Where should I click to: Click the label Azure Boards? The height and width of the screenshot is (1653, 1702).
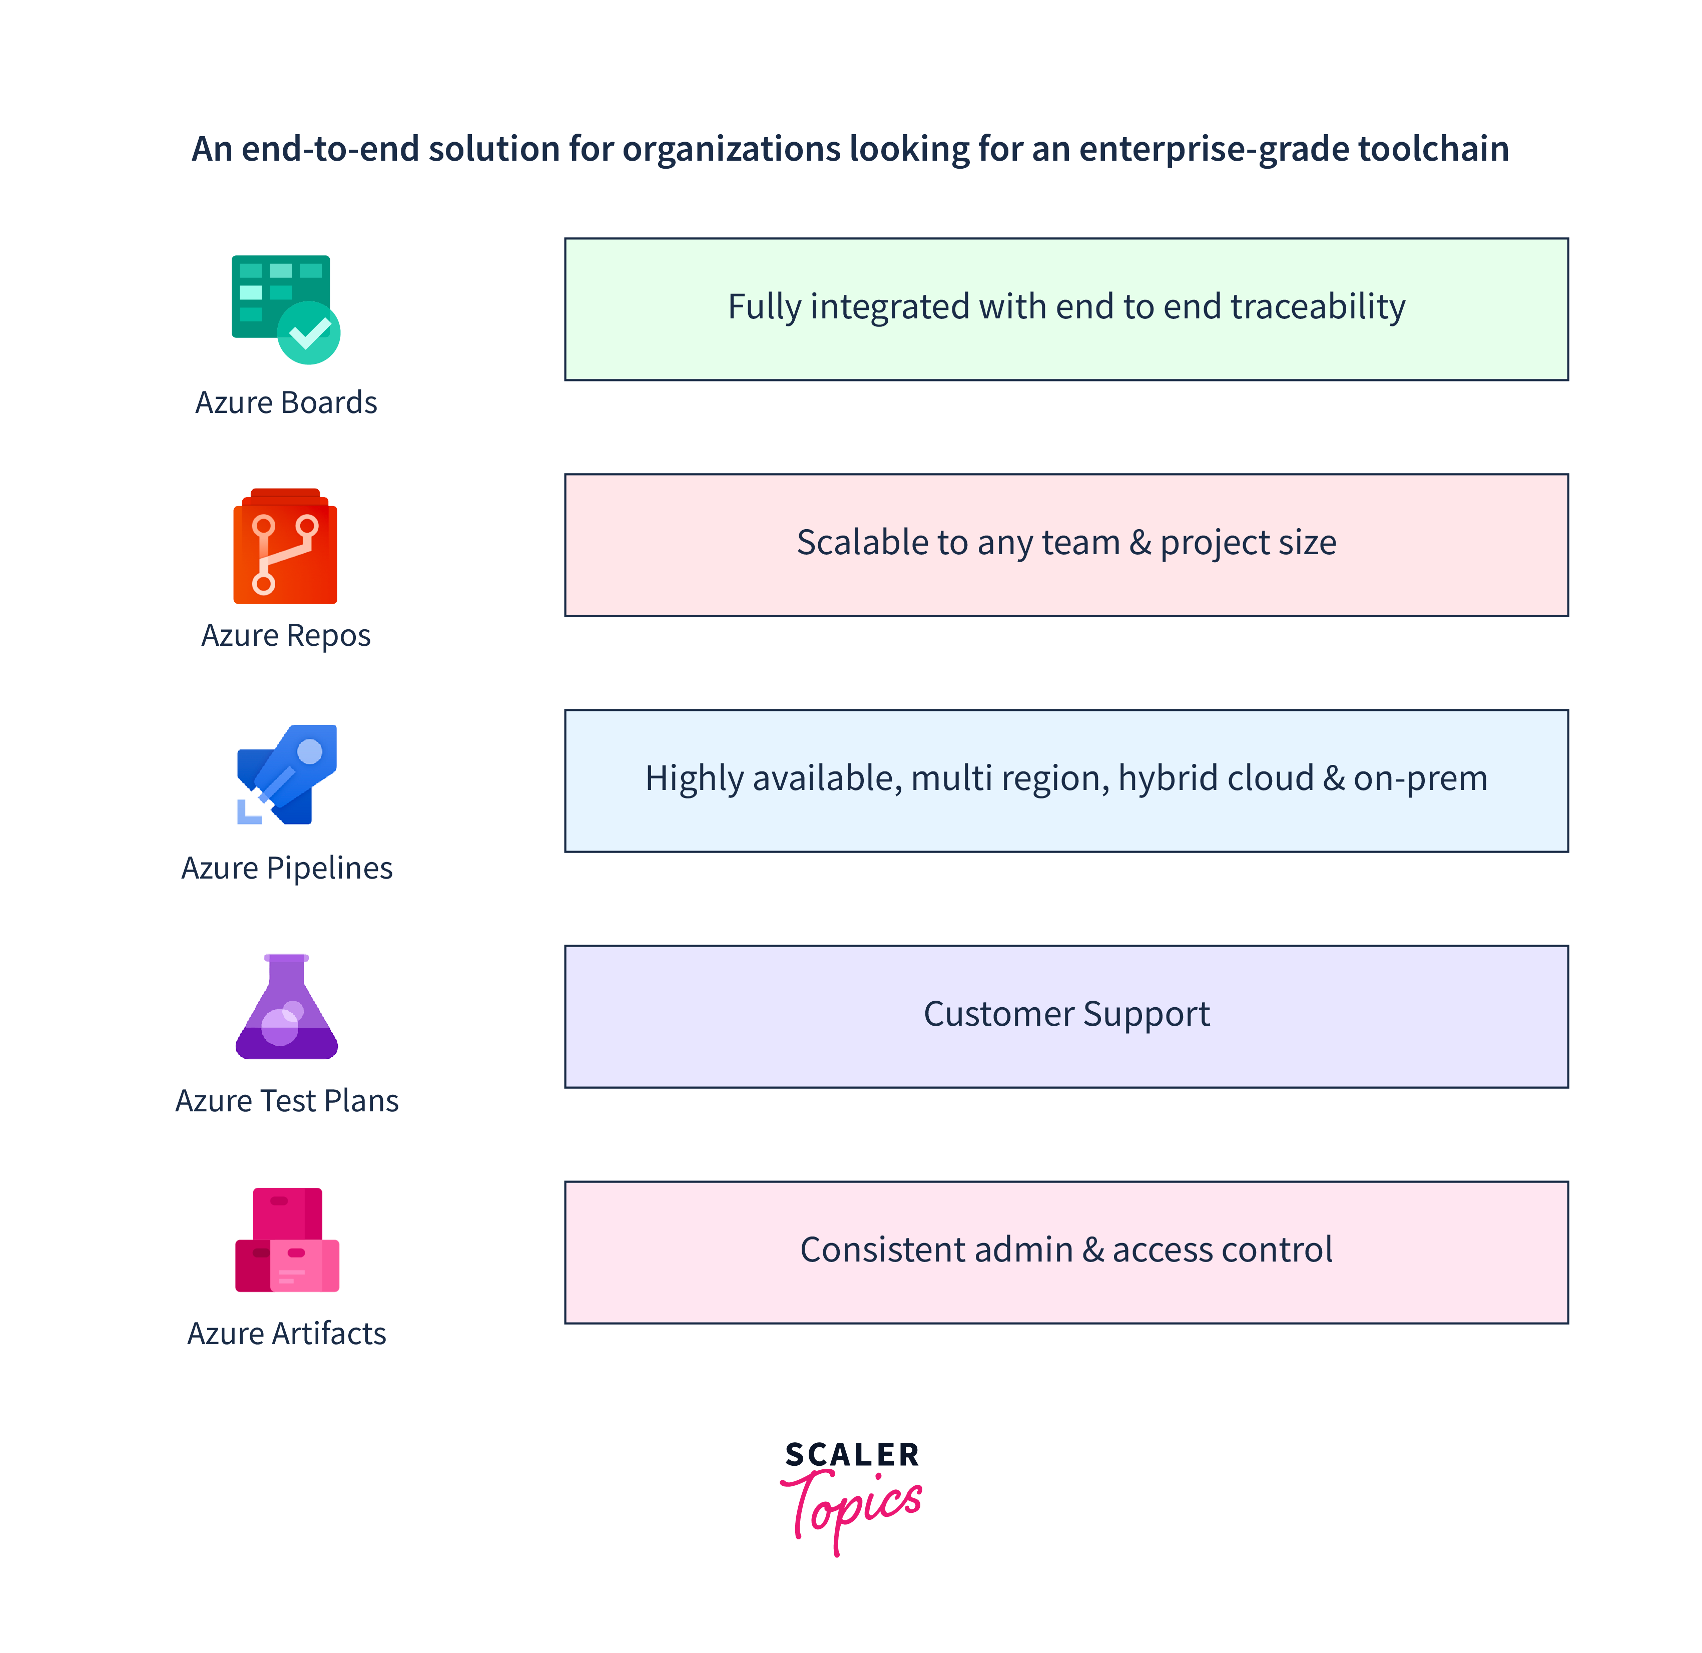click(286, 403)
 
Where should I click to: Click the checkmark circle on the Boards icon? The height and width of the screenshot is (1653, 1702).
click(309, 333)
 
